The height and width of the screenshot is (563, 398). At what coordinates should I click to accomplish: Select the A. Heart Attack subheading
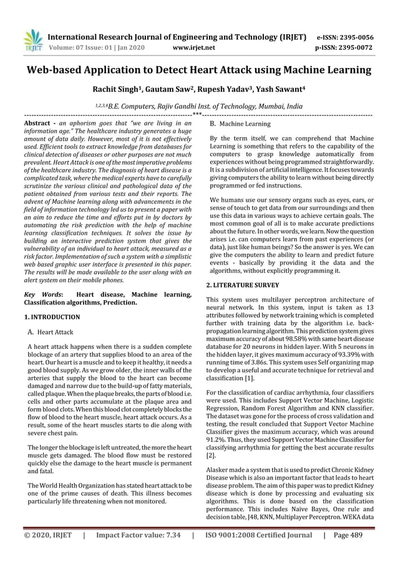(x=51, y=333)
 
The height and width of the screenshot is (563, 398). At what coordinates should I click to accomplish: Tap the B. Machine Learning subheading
(x=240, y=124)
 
